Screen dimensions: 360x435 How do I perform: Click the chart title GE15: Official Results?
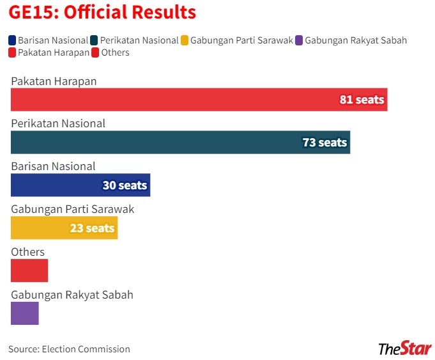(x=102, y=12)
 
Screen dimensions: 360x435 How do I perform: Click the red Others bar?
(x=29, y=270)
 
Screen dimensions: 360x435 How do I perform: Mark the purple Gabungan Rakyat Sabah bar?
(x=25, y=313)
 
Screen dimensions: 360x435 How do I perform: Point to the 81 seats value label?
(x=362, y=100)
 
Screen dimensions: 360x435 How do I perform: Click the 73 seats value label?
(x=324, y=142)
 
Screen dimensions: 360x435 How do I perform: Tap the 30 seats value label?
(x=125, y=185)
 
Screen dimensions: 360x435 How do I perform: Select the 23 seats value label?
(x=92, y=228)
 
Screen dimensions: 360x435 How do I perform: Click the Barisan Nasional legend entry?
(x=48, y=40)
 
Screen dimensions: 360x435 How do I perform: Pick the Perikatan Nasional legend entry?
(x=134, y=40)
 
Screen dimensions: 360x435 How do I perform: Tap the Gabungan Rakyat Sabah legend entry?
(x=351, y=40)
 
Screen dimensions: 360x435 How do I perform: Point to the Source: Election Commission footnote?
(x=69, y=349)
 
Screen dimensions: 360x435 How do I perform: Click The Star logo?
(x=405, y=348)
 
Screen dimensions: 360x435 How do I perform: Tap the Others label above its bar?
(x=27, y=252)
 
